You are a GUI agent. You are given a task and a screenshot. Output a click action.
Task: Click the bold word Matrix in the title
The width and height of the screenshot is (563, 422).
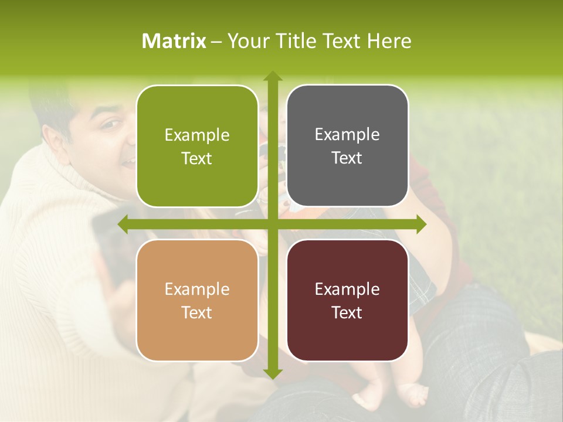coord(174,41)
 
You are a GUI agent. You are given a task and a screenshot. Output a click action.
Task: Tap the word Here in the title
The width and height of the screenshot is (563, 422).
coord(389,41)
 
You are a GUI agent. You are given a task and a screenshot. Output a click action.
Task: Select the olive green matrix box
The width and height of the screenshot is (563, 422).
coord(197,146)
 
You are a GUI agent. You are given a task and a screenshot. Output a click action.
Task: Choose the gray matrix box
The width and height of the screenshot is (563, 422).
coord(347,146)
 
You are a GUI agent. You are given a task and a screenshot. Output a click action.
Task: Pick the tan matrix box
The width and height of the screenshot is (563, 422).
coord(197,300)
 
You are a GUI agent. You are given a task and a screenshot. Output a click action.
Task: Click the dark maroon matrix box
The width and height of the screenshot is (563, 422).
coord(347,300)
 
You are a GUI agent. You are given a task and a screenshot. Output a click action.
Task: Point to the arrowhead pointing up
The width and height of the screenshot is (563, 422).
coord(273,76)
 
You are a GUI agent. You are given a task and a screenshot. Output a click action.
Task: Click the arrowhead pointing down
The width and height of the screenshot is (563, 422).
coord(273,373)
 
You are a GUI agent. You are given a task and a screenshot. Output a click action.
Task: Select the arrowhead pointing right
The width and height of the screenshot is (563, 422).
coord(421,224)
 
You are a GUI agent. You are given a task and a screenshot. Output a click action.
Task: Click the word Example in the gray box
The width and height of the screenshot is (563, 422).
coord(347,135)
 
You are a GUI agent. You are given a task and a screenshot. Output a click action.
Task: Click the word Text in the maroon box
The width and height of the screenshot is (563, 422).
coord(347,312)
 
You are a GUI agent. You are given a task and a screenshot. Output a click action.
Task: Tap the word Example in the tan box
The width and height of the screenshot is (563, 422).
coord(197,289)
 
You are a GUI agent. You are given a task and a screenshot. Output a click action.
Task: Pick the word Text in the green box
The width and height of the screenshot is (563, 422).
coord(197,158)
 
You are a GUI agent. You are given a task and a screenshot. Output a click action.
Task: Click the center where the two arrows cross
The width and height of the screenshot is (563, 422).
coord(273,224)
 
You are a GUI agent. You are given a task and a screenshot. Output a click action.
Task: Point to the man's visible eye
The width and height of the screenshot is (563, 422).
coord(110,124)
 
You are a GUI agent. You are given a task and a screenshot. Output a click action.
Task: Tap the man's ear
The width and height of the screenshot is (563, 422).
coord(55,138)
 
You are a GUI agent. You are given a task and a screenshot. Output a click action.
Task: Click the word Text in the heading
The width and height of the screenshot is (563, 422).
coord(341,41)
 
